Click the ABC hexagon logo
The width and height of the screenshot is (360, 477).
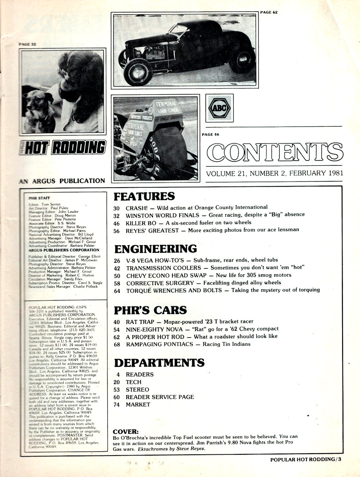(219, 108)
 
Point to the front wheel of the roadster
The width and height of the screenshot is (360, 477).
(138, 72)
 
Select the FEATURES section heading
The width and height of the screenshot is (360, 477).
(144, 196)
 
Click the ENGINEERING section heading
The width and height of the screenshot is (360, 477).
(155, 249)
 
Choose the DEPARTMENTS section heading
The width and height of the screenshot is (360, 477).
(159, 363)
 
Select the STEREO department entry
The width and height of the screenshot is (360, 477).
(137, 390)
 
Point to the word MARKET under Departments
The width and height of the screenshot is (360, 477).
(138, 405)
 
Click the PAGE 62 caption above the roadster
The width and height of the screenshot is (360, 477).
(269, 12)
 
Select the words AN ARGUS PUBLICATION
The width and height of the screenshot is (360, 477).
(62, 180)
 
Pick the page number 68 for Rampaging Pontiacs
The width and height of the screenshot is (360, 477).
(118, 344)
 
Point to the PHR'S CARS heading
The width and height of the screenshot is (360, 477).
(151, 310)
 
